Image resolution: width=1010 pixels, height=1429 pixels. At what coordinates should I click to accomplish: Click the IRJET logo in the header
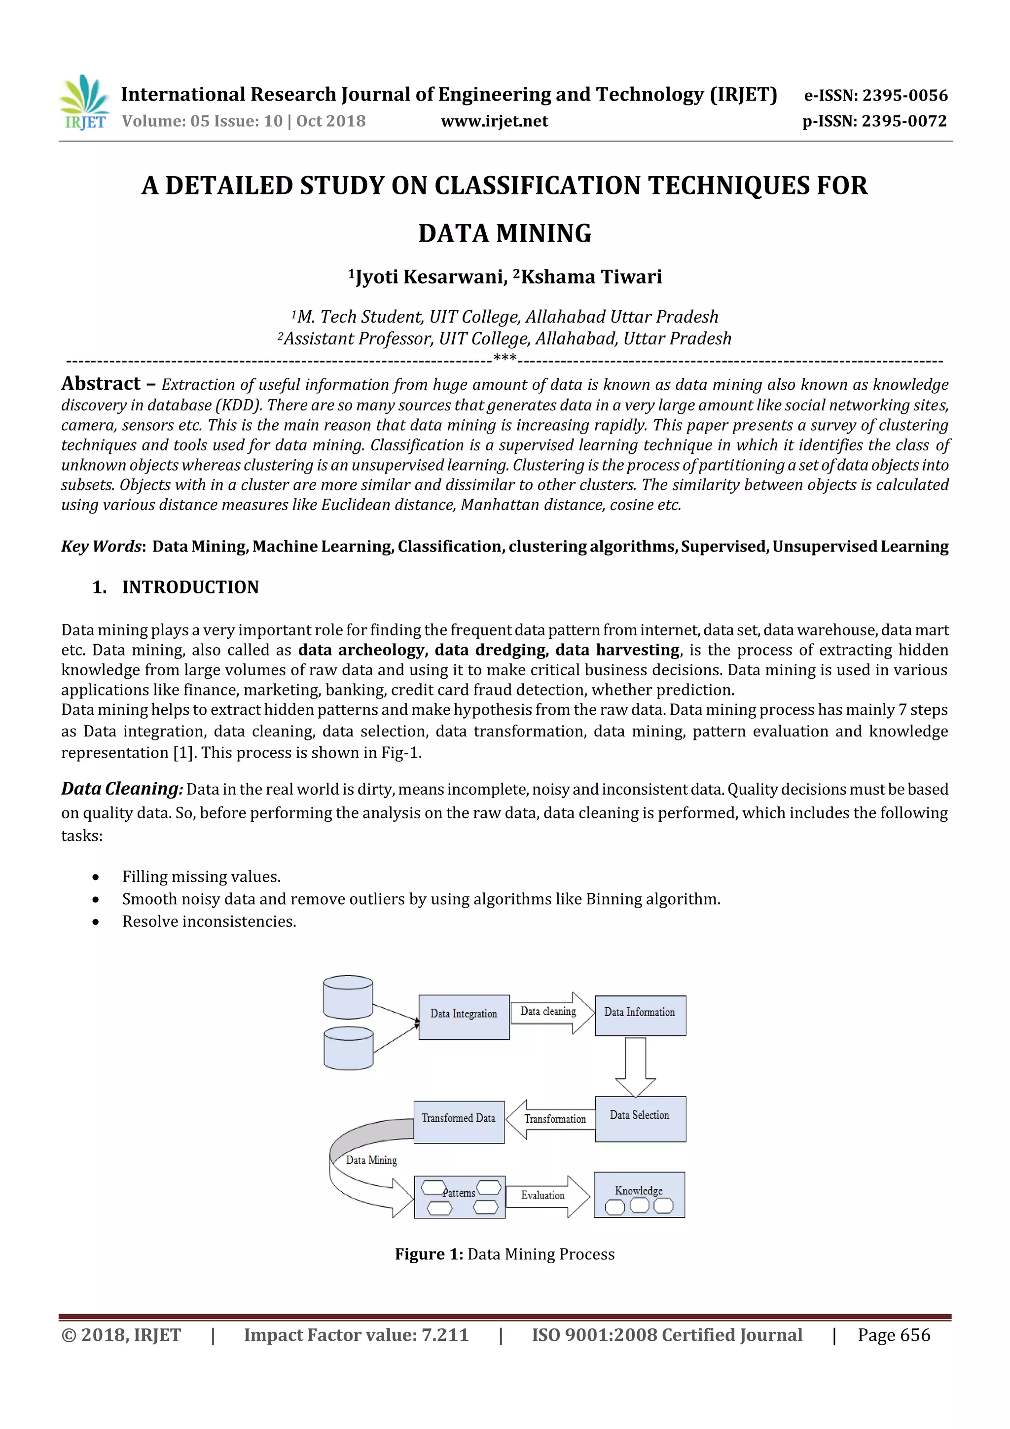click(84, 103)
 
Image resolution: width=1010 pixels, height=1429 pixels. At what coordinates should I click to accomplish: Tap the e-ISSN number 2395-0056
click(904, 95)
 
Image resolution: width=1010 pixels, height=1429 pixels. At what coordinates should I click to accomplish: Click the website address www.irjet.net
click(494, 121)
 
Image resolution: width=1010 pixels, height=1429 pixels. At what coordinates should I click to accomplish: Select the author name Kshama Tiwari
click(591, 277)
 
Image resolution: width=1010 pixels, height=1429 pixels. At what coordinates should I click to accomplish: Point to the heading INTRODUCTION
click(190, 587)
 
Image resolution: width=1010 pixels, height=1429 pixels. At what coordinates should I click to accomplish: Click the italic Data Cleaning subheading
click(121, 789)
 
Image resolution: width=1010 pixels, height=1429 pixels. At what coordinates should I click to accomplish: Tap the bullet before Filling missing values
click(95, 878)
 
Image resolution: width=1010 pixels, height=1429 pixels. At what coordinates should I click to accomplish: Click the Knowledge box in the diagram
click(639, 1196)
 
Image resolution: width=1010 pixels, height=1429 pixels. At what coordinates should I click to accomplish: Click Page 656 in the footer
click(893, 1335)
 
